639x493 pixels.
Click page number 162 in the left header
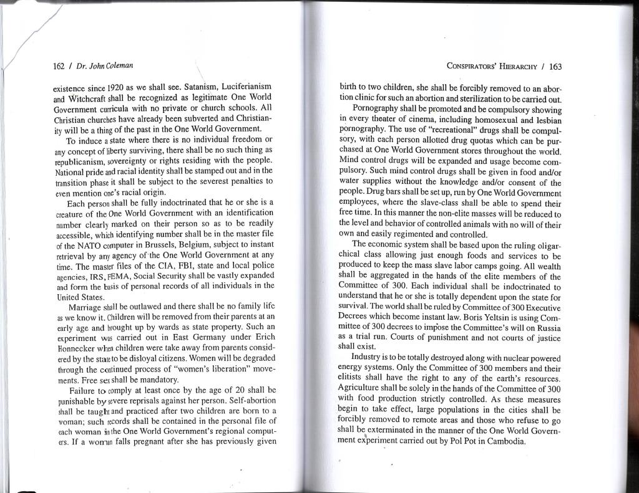point(59,65)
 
